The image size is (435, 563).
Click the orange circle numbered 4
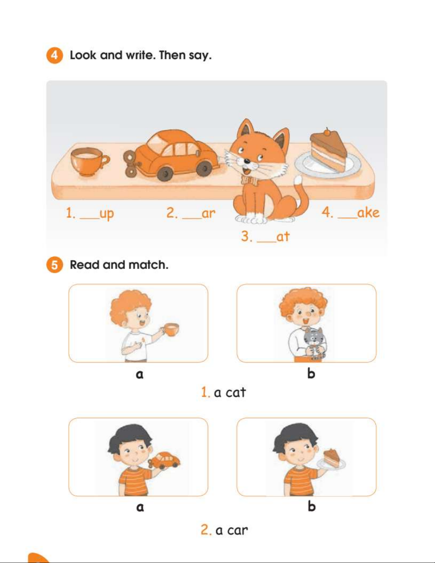pyautogui.click(x=54, y=55)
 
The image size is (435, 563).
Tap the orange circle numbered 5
pyautogui.click(x=54, y=265)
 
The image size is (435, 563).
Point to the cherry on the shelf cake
pyautogui.click(x=327, y=132)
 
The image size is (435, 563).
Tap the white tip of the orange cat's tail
pyautogui.click(x=298, y=180)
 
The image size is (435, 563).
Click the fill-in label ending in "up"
pyautogui.click(x=89, y=214)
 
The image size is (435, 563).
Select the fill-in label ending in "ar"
pyautogui.click(x=191, y=213)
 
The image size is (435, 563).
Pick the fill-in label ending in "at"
pyautogui.click(x=265, y=237)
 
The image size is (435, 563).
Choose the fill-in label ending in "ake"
pyautogui.click(x=350, y=212)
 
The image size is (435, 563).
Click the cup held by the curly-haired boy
pyautogui.click(x=171, y=329)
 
